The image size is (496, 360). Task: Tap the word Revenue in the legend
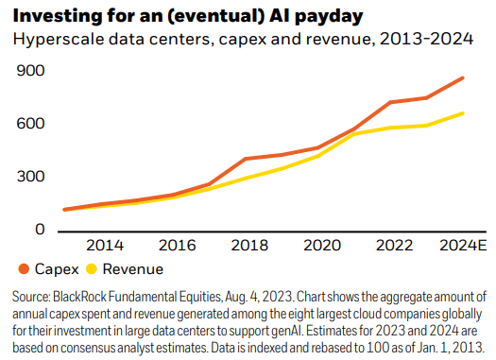pos(133,269)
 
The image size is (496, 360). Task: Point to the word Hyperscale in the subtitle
pos(55,40)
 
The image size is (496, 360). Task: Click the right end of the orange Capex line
pos(463,77)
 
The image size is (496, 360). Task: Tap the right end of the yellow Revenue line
pos(463,113)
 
